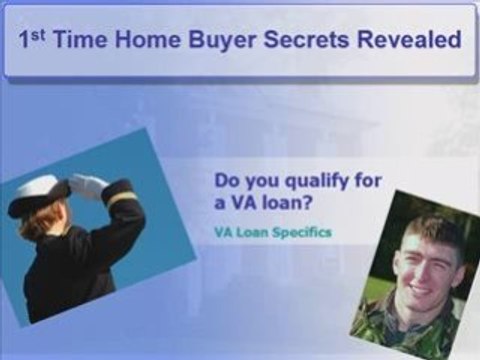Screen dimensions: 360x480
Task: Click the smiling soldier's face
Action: tap(413, 257)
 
